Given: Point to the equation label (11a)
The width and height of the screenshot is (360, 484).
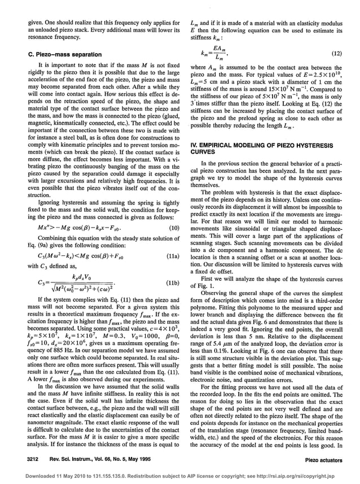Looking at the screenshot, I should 173,255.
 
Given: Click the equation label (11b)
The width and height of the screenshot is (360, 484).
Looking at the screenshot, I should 173,281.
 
